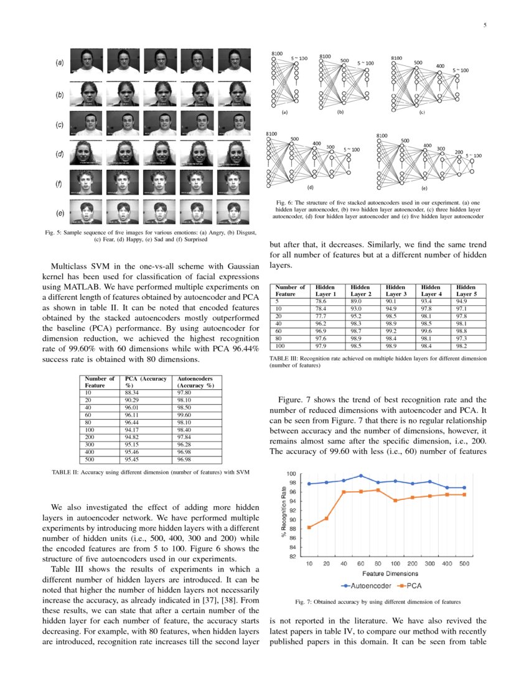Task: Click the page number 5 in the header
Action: [484, 25]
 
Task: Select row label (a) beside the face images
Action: [60, 63]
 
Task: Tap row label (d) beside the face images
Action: [60, 154]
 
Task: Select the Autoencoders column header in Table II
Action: [195, 382]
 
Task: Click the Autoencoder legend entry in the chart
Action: [366, 585]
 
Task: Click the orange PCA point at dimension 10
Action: [310, 527]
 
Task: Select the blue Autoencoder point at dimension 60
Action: [361, 476]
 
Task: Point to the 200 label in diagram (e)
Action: [458, 152]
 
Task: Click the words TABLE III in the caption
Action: [283, 359]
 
